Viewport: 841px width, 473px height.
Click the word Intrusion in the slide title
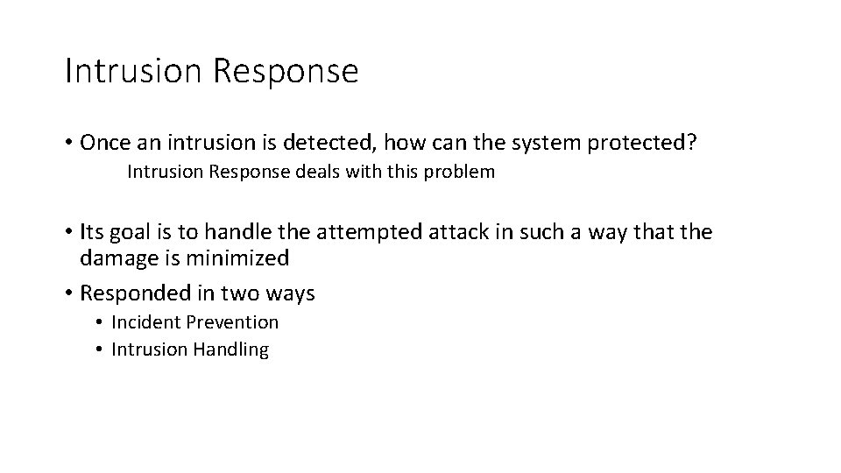pos(133,71)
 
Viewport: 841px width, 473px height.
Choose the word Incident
pos(143,322)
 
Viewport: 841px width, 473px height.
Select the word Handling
pos(230,349)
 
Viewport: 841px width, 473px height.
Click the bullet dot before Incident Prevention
pos(101,323)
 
